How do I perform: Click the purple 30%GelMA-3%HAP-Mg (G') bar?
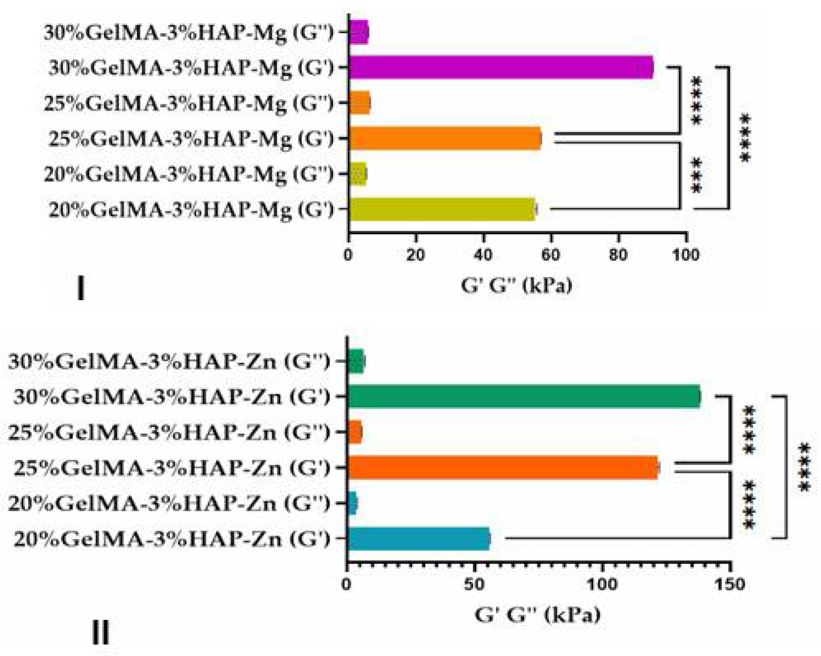coord(501,67)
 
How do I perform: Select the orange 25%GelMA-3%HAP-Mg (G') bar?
coord(444,138)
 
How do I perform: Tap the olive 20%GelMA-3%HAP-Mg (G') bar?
coord(442,209)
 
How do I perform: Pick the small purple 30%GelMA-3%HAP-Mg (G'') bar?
coord(359,32)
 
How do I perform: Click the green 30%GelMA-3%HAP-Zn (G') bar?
coord(524,396)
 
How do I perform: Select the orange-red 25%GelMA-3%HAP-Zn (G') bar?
coord(503,467)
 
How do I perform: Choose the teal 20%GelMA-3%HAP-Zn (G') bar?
coord(419,539)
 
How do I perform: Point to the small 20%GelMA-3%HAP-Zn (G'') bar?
coord(352,503)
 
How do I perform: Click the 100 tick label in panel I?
coord(686,255)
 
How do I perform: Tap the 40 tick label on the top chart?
coord(483,255)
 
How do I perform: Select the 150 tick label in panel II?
coord(729,584)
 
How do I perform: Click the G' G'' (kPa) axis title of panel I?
coord(516,285)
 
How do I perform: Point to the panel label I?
coord(81,288)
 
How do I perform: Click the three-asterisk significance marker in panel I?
coord(697,176)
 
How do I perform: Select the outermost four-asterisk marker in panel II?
coord(804,467)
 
